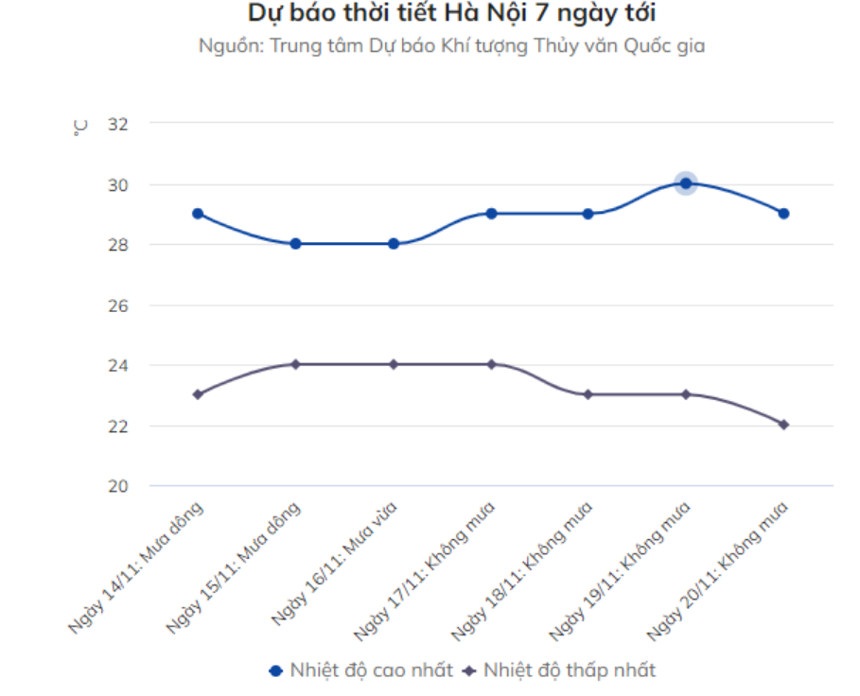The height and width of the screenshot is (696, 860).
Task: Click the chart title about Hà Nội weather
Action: tap(451, 14)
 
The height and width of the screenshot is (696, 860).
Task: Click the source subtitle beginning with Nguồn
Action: tap(451, 45)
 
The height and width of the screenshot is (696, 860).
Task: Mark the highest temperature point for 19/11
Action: tap(686, 183)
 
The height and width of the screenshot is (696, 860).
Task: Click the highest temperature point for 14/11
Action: tap(198, 214)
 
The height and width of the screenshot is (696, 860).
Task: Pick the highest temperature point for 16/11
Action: tap(394, 244)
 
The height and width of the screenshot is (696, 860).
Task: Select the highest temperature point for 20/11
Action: tap(783, 214)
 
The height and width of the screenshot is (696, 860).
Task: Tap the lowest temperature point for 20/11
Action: tap(783, 425)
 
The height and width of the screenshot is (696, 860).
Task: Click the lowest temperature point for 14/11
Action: tap(198, 394)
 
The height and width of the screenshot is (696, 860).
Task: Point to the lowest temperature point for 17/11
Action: tap(491, 364)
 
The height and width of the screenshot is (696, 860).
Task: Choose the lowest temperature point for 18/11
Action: tap(588, 394)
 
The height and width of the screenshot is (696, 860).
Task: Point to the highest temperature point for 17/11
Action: tap(491, 214)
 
